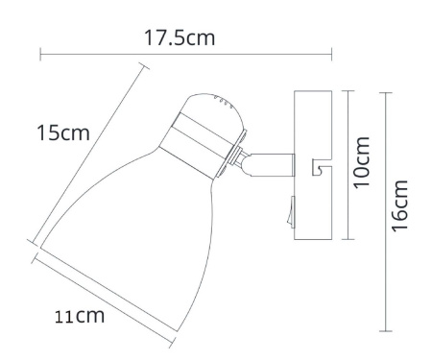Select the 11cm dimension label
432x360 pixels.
pos(76,314)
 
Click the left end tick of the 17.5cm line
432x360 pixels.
pos(40,56)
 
